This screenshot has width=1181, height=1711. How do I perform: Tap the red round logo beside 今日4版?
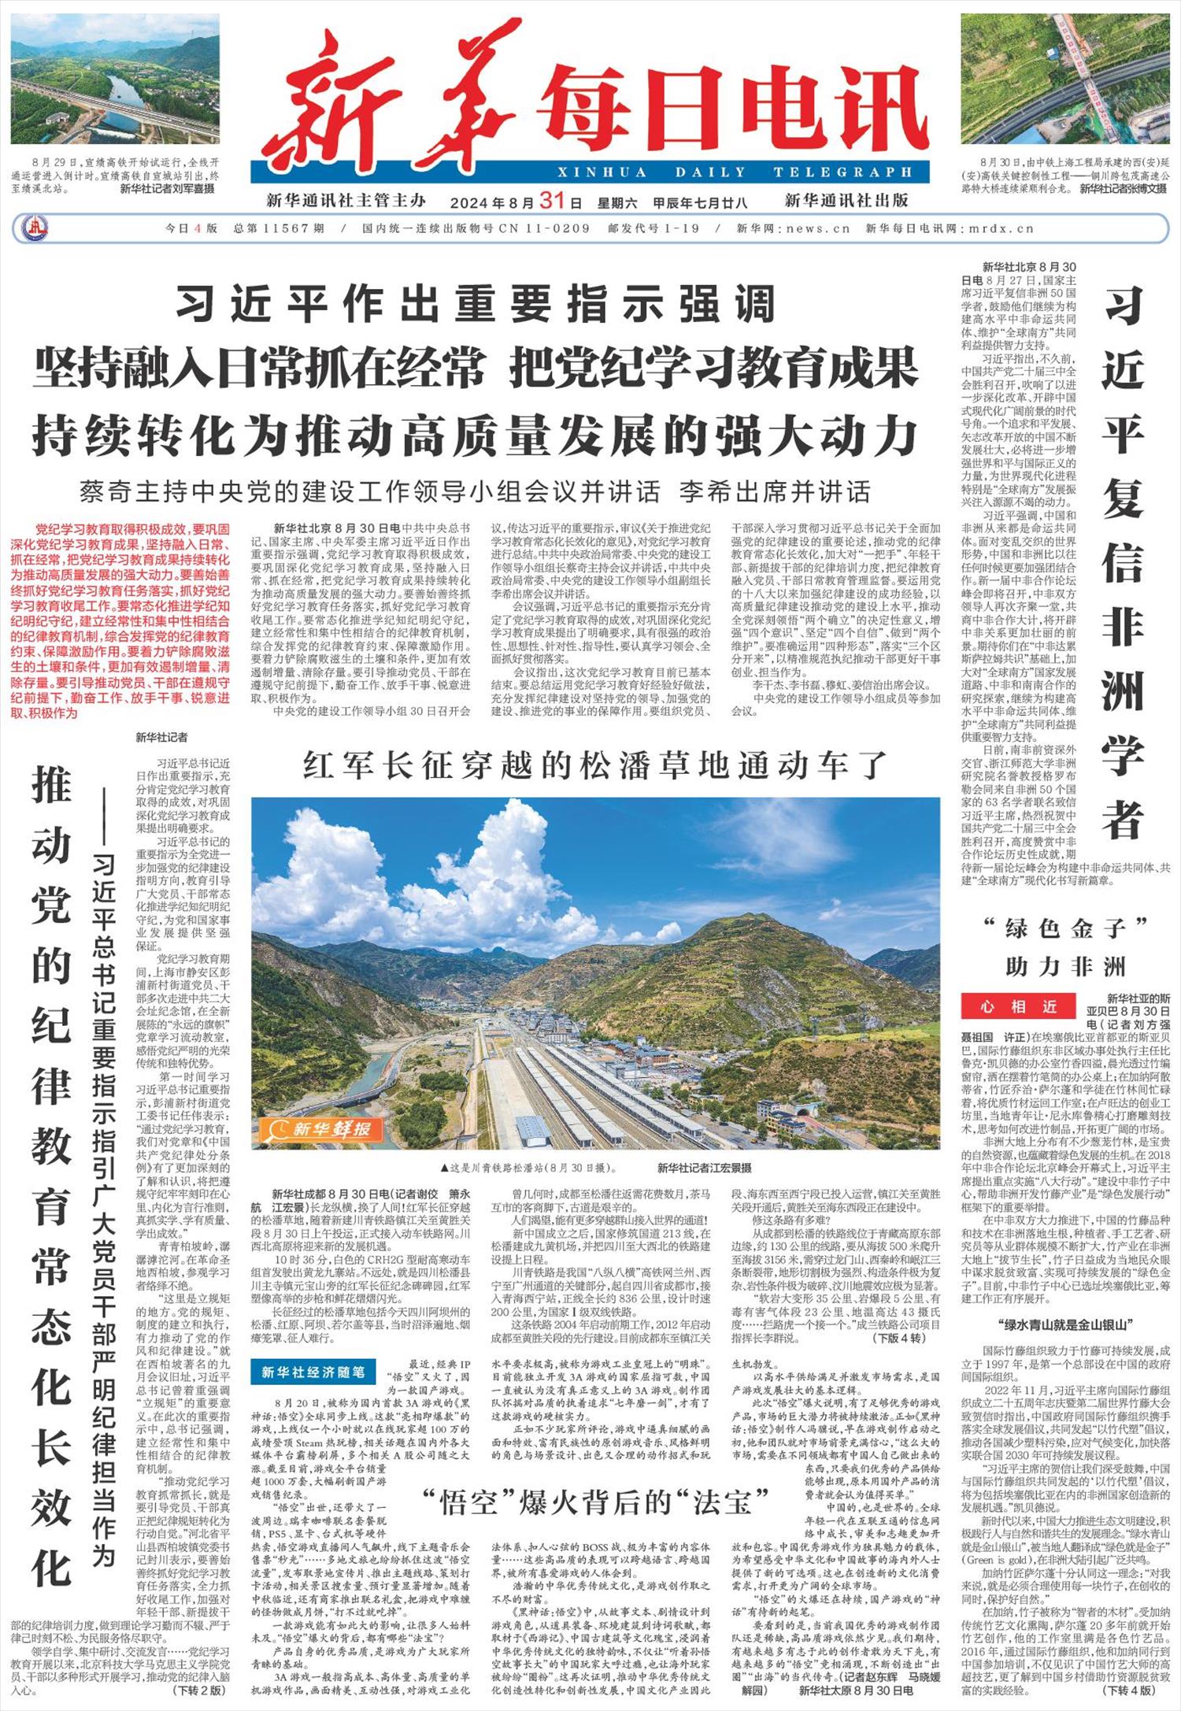click(x=35, y=228)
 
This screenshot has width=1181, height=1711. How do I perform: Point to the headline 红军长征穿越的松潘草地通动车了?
click(x=595, y=765)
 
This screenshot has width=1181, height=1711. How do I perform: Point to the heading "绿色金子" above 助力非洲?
click(x=1066, y=928)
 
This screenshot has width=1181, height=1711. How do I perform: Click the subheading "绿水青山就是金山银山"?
click(x=1064, y=1324)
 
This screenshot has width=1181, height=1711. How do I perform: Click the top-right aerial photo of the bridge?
click(x=1064, y=81)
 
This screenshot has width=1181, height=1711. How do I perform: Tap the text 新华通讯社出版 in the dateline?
click(x=846, y=201)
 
